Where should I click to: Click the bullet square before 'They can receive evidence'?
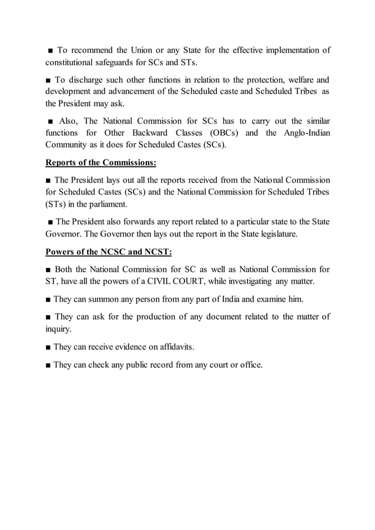click(x=48, y=347)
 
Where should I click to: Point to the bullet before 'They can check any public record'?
click(x=48, y=365)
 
